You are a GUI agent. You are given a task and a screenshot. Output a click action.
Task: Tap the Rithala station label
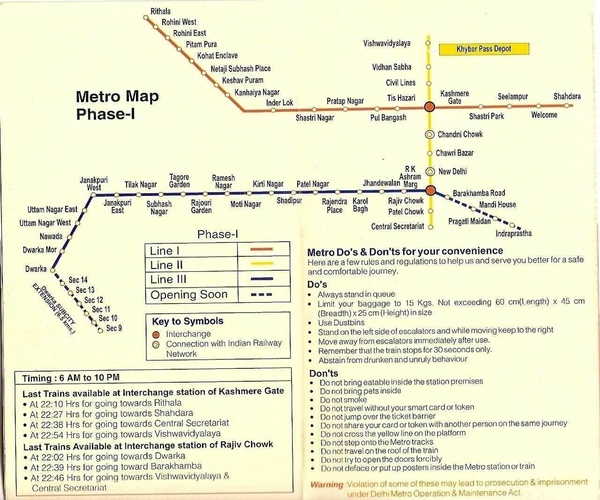click(160, 10)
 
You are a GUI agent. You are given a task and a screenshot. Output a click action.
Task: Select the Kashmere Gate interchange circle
click(429, 105)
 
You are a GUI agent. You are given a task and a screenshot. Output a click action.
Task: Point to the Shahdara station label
click(566, 95)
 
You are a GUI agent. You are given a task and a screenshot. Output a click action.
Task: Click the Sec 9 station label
click(113, 328)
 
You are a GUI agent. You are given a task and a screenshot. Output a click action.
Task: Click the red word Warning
click(326, 484)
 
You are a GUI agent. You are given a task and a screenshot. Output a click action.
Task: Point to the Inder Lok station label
click(280, 102)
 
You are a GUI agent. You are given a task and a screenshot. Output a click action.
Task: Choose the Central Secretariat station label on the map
click(398, 226)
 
